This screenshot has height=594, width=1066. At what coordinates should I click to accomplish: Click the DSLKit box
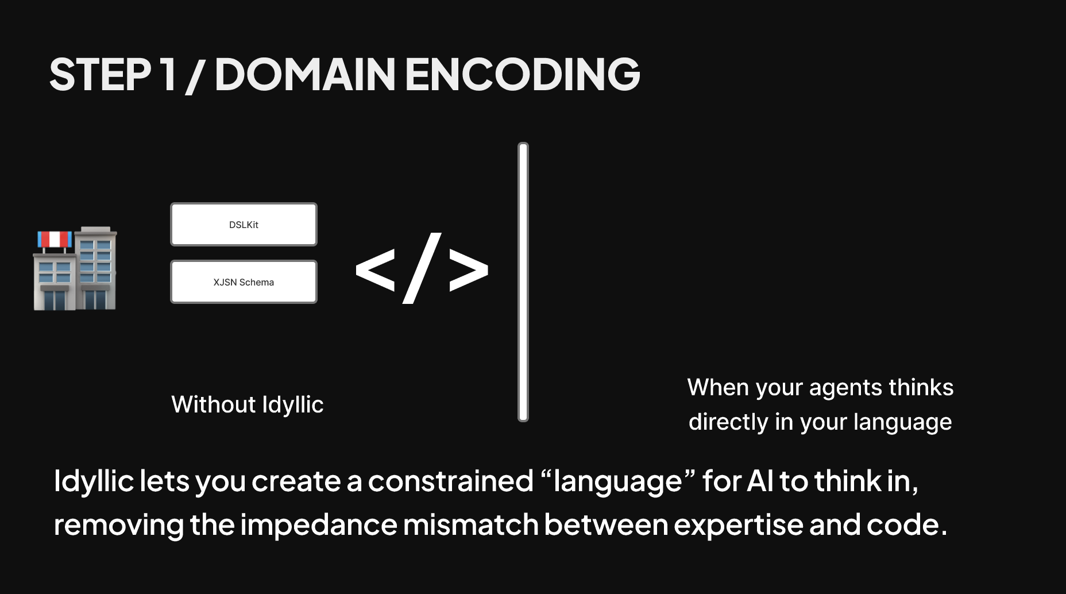[x=244, y=224]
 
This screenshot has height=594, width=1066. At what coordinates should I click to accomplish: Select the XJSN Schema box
[x=244, y=281]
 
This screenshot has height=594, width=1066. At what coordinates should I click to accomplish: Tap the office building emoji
[x=75, y=268]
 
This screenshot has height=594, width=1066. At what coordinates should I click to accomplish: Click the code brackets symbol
[x=422, y=268]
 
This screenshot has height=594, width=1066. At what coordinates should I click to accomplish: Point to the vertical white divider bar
[x=523, y=282]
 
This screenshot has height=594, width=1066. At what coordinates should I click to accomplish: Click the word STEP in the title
[x=100, y=74]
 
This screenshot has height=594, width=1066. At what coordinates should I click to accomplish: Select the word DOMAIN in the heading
[x=305, y=74]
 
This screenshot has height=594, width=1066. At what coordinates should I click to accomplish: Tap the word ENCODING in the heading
[x=523, y=74]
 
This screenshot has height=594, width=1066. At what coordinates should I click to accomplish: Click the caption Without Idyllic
[x=248, y=405]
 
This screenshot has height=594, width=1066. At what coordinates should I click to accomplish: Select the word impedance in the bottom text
[x=318, y=526]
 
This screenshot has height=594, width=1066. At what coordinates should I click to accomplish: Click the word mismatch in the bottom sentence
[x=470, y=524]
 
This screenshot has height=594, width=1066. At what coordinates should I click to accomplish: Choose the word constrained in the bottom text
[x=451, y=481]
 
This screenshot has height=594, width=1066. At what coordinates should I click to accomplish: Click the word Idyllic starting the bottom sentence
[x=94, y=481]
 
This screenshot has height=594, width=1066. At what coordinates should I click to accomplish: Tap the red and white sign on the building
[x=55, y=240]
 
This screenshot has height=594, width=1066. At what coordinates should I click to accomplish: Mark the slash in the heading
[x=194, y=75]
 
